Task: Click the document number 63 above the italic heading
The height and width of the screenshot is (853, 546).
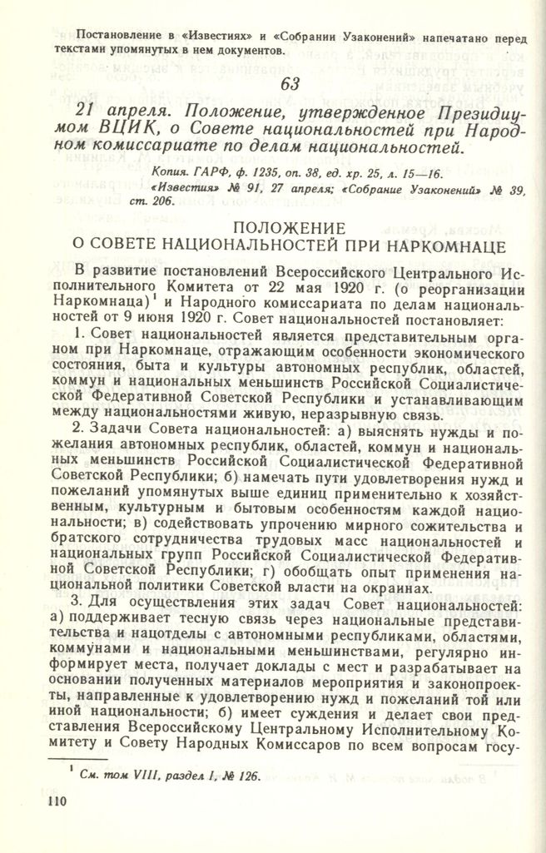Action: tap(290, 84)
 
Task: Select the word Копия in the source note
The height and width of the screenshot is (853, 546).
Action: tap(171, 172)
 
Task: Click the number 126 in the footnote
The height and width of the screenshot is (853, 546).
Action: tap(245, 776)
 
